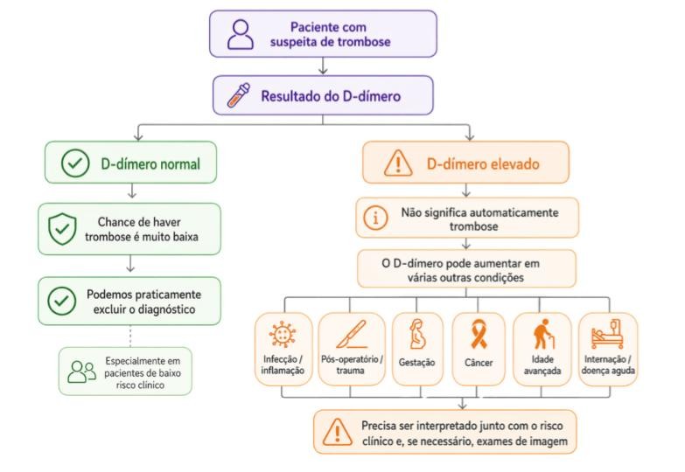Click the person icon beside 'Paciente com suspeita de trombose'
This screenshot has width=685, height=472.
tap(241, 34)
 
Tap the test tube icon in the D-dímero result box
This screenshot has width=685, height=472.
tap(239, 94)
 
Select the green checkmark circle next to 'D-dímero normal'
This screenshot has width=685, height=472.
tap(75, 163)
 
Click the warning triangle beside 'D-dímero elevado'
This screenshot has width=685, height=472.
tap(398, 163)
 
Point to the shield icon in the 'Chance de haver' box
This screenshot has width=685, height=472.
tap(62, 229)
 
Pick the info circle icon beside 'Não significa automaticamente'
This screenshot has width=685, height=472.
tap(375, 218)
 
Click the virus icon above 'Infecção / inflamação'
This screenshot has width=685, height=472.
tap(283, 335)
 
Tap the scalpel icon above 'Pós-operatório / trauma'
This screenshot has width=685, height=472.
tap(351, 334)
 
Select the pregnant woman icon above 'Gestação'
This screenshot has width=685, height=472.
tap(417, 334)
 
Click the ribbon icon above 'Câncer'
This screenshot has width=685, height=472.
tap(479, 334)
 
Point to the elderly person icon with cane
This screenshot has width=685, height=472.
tap(543, 334)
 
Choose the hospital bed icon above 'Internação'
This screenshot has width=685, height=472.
tap(607, 334)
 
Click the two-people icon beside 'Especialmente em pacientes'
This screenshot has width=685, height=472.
tap(81, 371)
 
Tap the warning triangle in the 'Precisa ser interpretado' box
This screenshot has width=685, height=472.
tap(337, 432)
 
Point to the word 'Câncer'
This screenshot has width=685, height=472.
tap(479, 363)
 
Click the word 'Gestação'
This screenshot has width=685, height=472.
tap(416, 363)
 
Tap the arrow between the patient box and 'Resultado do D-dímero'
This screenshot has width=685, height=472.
tap(323, 66)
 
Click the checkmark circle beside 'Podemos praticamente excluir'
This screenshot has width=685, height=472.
tap(61, 301)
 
